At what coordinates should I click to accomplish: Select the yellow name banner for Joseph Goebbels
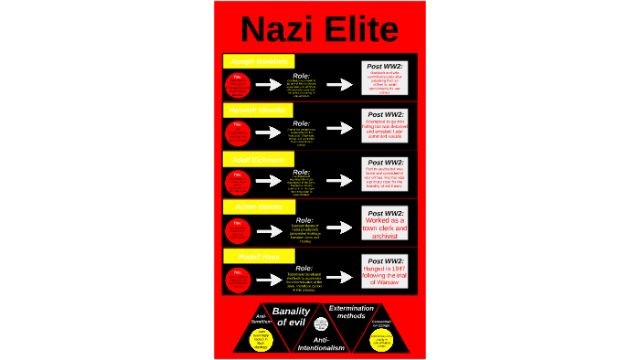(258, 60)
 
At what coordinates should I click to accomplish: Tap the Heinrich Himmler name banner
(258, 109)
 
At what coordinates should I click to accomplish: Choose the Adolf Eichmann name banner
(258, 158)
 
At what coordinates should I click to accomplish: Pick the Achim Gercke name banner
(258, 207)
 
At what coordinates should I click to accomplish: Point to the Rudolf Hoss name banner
(258, 257)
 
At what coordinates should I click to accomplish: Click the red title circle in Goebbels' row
(239, 84)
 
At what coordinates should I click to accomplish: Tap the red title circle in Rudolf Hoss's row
(239, 281)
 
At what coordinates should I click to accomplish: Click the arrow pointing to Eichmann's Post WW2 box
(339, 183)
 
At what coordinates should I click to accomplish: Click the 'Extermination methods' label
(350, 313)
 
